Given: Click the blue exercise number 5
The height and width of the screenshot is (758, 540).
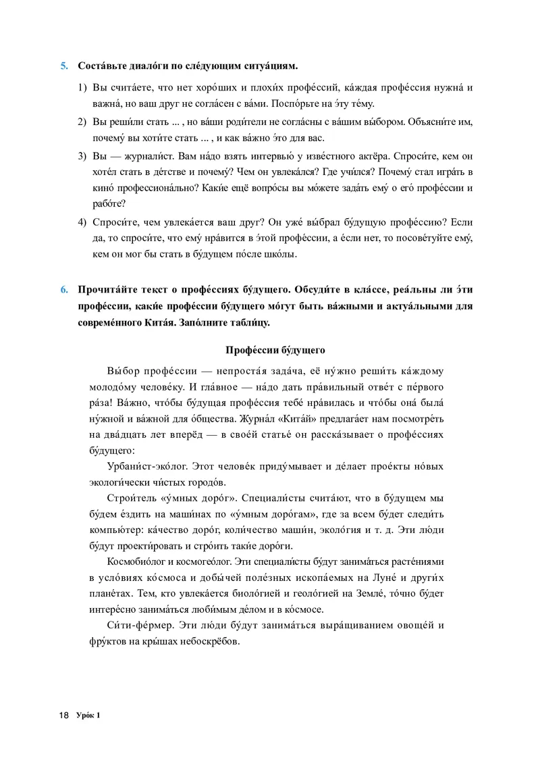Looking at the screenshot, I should pyautogui.click(x=64, y=66).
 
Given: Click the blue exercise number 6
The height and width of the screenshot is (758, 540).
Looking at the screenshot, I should pyautogui.click(x=64, y=289).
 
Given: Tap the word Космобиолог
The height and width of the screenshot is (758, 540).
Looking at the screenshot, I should pyautogui.click(x=138, y=561).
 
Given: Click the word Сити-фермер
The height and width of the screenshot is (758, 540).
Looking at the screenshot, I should pyautogui.click(x=137, y=625).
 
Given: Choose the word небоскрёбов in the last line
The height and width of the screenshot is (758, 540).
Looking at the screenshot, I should pyautogui.click(x=211, y=641).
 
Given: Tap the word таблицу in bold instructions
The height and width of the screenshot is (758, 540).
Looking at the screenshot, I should pyautogui.click(x=250, y=322).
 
